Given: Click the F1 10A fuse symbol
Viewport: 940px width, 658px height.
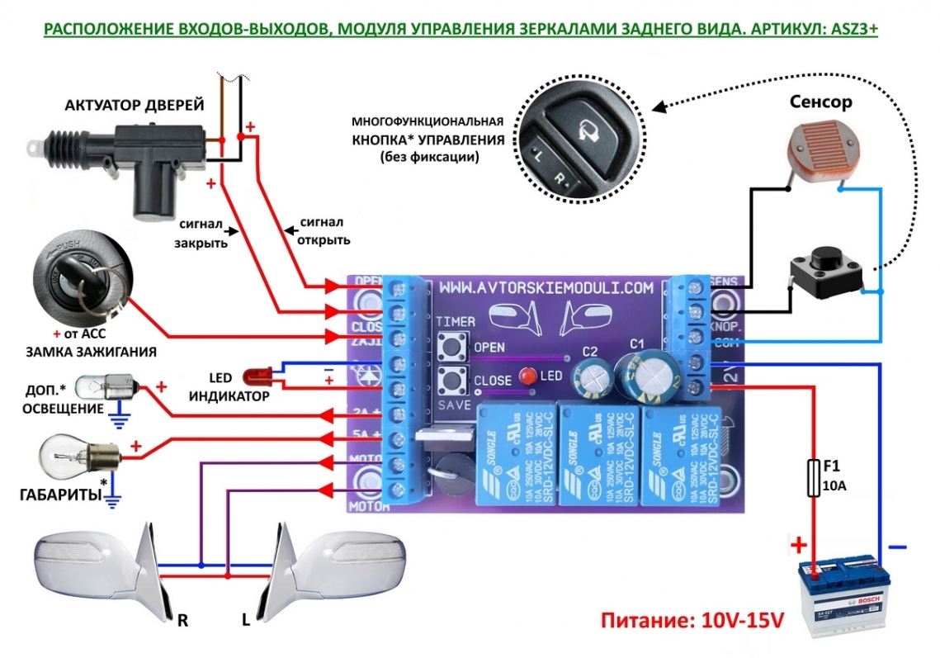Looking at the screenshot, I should (811, 479).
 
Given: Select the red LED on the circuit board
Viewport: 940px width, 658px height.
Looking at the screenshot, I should (527, 377).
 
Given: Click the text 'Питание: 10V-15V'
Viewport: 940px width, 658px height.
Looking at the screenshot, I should (691, 621).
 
